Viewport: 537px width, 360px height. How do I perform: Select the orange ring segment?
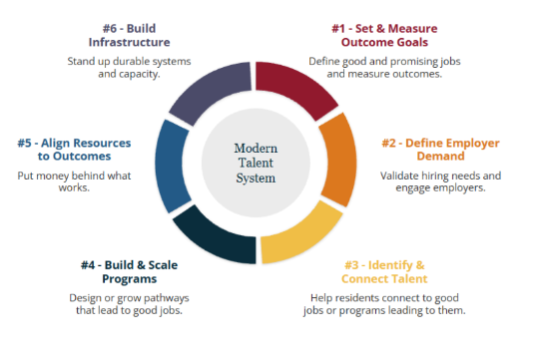coord(339,161)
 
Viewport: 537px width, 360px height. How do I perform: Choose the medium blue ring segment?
coord(172,166)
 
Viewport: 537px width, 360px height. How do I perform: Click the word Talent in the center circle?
coord(256,163)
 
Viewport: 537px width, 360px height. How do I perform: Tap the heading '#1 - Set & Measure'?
coord(384,28)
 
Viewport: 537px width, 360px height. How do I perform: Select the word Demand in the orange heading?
coord(440,156)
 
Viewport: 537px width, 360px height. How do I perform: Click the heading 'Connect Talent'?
coord(384,278)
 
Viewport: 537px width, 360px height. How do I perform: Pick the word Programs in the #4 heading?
coord(130,279)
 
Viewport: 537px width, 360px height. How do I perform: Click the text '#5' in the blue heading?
coord(24,143)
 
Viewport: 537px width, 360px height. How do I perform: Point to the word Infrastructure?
coord(129,42)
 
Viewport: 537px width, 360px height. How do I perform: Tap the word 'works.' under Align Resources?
coord(74,187)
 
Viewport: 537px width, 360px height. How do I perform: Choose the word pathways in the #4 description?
coord(166,298)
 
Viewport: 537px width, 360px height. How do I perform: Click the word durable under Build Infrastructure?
coord(131,61)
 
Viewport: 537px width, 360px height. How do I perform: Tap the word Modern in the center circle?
coord(256,149)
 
